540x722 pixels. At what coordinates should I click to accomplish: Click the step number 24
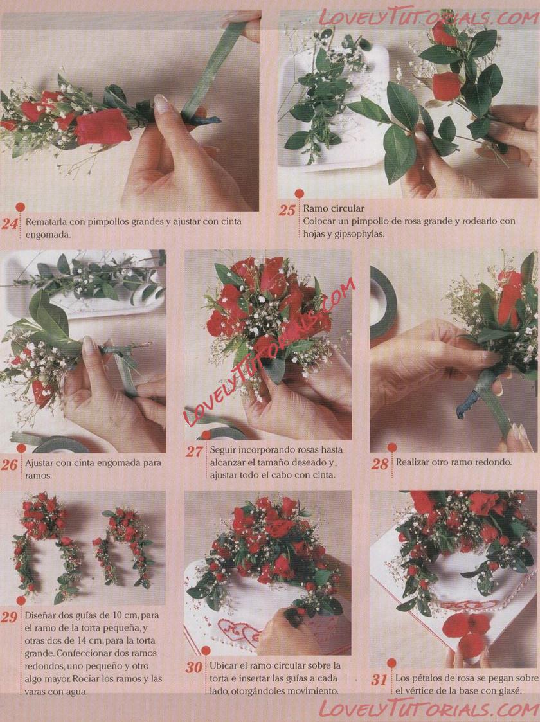[x=10, y=224]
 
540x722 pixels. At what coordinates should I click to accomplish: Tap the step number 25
[x=287, y=210]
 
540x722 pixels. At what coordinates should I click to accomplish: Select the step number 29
[x=9, y=617]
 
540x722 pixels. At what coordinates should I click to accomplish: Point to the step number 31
[x=379, y=679]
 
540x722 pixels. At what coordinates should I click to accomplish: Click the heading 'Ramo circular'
[x=333, y=208]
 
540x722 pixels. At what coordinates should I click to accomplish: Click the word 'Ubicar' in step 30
[x=224, y=665]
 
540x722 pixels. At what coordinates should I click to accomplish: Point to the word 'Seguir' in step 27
[x=223, y=449]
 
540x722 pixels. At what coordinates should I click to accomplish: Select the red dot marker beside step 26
[x=21, y=449]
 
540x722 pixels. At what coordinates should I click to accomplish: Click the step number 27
[x=194, y=452]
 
